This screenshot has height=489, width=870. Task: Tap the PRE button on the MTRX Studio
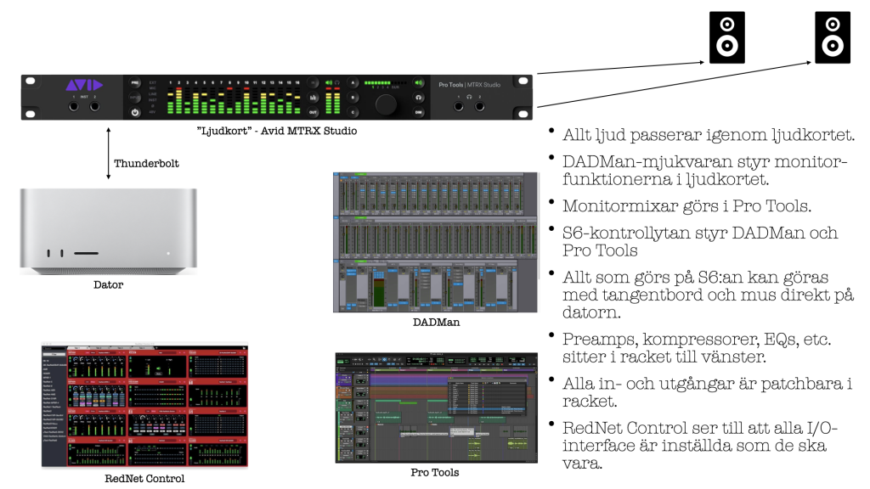(x=135, y=83)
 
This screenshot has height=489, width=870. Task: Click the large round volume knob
(x=387, y=103)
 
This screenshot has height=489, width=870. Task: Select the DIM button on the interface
(x=419, y=112)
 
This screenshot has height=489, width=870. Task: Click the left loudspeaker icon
(x=726, y=37)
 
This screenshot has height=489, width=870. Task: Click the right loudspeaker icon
(x=832, y=37)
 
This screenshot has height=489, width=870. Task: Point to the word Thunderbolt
(x=146, y=162)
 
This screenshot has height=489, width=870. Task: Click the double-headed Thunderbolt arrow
(x=108, y=154)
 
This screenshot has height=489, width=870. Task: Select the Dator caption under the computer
(x=108, y=285)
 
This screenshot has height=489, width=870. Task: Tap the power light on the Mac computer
(x=169, y=253)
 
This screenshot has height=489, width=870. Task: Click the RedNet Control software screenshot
(x=144, y=406)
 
